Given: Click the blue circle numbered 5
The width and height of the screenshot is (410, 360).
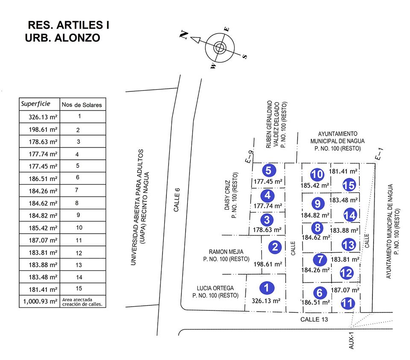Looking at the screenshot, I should [268, 170].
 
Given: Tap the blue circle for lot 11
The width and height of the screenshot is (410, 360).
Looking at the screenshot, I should [348, 304].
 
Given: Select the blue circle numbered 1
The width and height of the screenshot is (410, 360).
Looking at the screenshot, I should [267, 288].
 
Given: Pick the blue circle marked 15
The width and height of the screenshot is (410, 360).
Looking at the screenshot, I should [349, 185].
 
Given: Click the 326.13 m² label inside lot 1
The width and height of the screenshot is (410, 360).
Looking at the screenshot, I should [266, 301].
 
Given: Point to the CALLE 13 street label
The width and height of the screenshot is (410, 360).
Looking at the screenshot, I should [314, 319].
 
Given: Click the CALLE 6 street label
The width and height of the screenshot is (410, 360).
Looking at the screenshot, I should [177, 201].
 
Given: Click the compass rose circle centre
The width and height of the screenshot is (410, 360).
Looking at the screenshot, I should [220, 47].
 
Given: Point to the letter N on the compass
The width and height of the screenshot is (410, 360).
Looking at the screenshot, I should [184, 35].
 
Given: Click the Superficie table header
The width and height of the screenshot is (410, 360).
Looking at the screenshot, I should [35, 104].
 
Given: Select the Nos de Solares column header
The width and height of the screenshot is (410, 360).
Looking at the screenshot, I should [82, 105].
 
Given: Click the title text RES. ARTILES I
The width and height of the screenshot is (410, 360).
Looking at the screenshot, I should [68, 25].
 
